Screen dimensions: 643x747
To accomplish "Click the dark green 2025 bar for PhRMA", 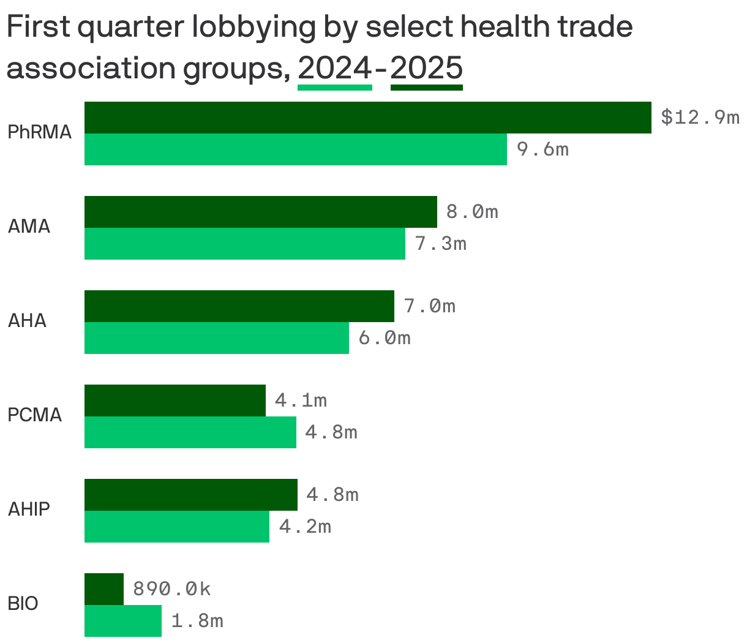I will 367,118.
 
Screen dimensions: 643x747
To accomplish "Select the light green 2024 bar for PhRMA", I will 295,149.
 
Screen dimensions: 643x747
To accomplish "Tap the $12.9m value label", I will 700,117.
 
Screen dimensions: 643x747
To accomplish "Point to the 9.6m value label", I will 542,149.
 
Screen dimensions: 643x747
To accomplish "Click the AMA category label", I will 29,227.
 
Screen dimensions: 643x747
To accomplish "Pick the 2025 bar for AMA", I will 260,212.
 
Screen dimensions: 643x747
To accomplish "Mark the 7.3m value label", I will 441,244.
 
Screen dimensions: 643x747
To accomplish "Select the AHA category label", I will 27,321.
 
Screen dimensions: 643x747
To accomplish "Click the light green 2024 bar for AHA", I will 216,338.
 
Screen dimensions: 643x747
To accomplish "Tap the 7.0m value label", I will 430,306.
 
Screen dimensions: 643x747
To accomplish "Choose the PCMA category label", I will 35,415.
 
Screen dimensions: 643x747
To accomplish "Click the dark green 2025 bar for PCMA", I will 175,400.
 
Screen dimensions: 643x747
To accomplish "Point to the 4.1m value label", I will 301,400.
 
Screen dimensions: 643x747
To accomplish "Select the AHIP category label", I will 29,510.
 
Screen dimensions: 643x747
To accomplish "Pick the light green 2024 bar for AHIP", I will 176,527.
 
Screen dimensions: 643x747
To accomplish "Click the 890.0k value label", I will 171,589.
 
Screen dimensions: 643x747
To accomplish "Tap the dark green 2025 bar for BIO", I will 103,589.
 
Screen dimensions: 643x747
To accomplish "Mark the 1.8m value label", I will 197,621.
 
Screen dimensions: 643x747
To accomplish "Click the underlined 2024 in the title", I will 334,69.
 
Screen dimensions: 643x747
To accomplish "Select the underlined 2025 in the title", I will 426,69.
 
